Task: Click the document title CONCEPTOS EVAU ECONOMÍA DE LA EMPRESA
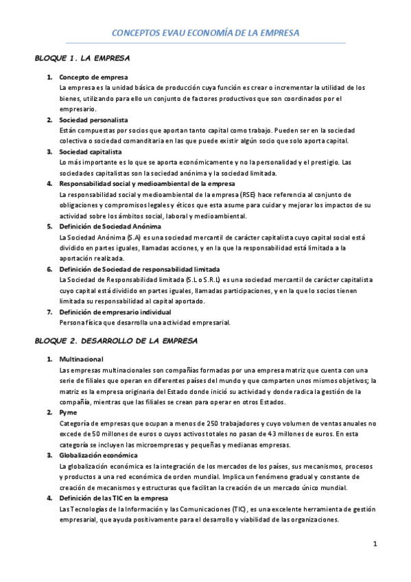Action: tap(206, 32)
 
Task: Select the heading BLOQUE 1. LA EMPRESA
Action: tap(82, 58)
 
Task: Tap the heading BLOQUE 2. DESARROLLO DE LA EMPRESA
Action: tap(116, 340)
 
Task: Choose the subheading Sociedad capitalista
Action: tap(91, 152)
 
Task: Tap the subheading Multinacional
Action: tap(82, 359)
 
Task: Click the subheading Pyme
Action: tap(68, 412)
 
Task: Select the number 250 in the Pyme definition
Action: tap(182, 423)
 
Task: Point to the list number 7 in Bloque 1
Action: tap(49, 312)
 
